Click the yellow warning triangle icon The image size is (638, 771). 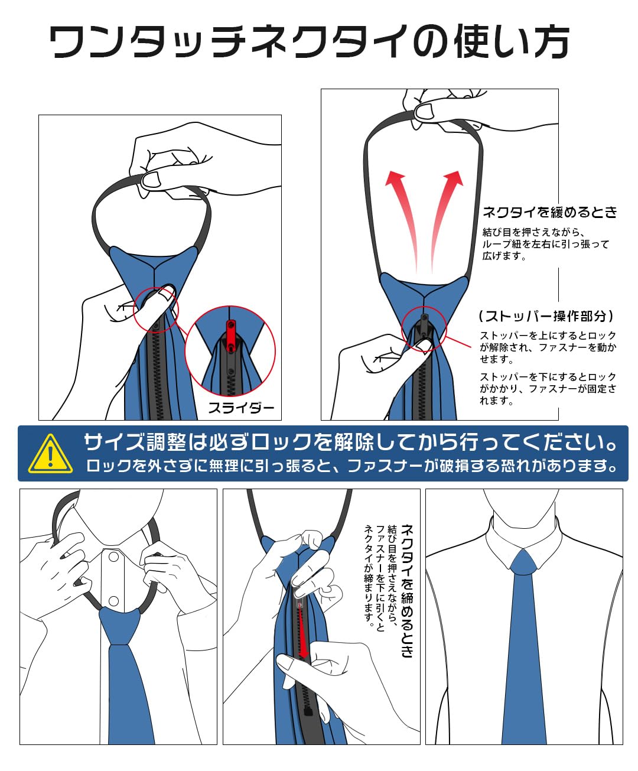point(51,454)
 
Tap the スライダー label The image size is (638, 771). point(241,408)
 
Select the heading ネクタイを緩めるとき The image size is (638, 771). point(550,212)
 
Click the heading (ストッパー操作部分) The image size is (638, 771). point(546,316)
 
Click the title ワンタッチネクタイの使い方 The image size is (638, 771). point(310,41)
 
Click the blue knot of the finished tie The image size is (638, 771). point(523,562)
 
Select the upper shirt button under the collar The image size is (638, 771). point(114,557)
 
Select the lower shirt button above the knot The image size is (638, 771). point(114,601)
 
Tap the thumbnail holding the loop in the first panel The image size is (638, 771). point(151,180)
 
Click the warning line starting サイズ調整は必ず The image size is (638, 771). point(350,443)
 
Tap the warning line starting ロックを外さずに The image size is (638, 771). point(351,466)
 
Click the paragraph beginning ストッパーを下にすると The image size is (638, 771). point(548,389)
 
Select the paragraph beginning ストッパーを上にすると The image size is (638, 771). point(548,347)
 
